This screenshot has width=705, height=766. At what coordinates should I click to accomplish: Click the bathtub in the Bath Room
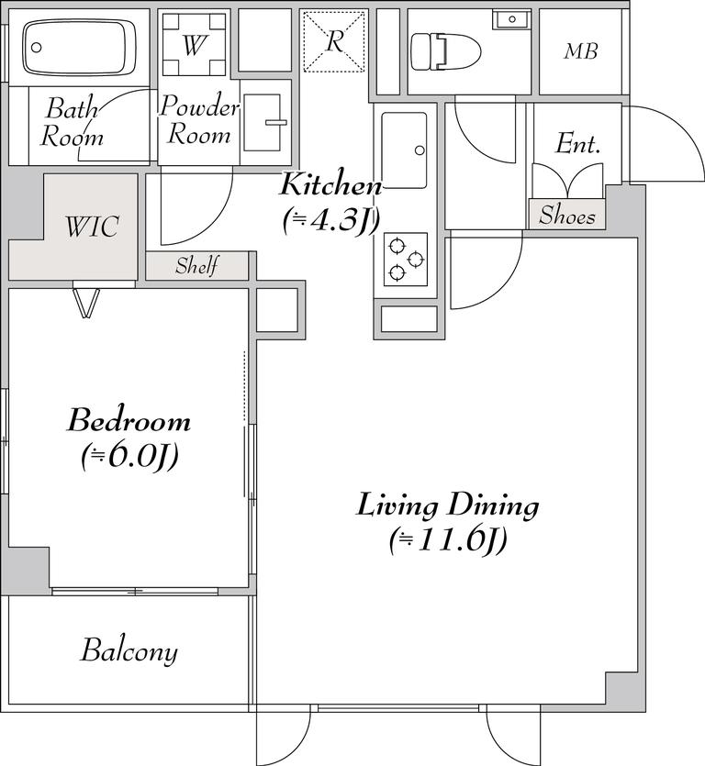(80, 48)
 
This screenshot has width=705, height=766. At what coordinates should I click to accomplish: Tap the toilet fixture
(446, 51)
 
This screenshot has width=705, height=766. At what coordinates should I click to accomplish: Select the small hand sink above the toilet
(511, 20)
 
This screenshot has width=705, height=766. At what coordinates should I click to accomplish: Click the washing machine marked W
(194, 45)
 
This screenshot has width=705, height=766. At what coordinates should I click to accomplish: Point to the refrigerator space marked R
(334, 42)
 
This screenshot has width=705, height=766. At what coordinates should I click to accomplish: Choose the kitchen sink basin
(404, 150)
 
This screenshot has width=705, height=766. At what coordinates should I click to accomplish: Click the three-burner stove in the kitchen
(406, 259)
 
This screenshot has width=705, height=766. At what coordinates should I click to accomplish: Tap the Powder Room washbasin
(263, 122)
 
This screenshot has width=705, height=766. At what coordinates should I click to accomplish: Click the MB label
(580, 50)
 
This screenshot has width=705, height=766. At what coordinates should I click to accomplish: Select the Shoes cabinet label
(567, 215)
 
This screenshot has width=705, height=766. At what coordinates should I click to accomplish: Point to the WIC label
(92, 227)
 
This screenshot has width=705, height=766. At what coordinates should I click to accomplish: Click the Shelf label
(197, 266)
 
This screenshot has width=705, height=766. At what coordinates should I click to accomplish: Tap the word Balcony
(129, 650)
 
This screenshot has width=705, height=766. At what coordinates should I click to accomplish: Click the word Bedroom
(129, 420)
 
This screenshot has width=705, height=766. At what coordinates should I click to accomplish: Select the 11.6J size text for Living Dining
(448, 540)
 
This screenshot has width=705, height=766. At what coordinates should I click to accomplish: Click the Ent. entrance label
(577, 143)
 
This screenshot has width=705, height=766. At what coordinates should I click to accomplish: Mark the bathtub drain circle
(36, 48)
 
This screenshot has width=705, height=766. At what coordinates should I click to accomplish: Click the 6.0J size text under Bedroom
(129, 457)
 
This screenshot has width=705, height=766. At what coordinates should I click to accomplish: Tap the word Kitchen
(330, 184)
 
